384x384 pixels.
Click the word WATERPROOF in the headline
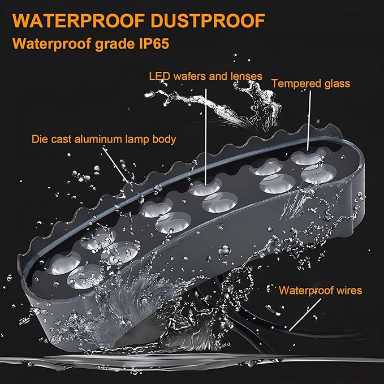click(x=79, y=21)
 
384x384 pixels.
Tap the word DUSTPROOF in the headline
click(x=208, y=21)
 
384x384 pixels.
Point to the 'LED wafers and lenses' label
click(x=206, y=76)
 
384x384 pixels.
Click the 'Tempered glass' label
click(x=311, y=84)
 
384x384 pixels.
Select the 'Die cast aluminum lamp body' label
click(x=104, y=139)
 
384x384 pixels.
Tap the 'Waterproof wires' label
click(x=320, y=291)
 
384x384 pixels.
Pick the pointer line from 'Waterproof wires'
click(x=305, y=315)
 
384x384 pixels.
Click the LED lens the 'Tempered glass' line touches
click(x=307, y=158)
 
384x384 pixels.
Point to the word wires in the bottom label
click(x=349, y=291)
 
